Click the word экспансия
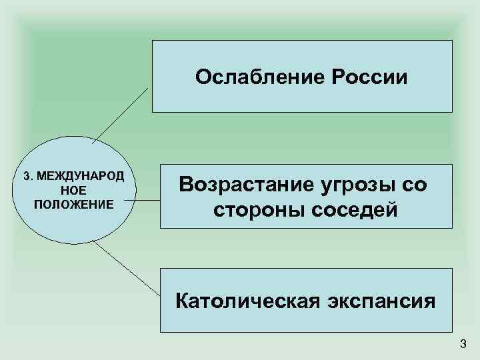click(384, 301)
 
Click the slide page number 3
click(463, 344)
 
